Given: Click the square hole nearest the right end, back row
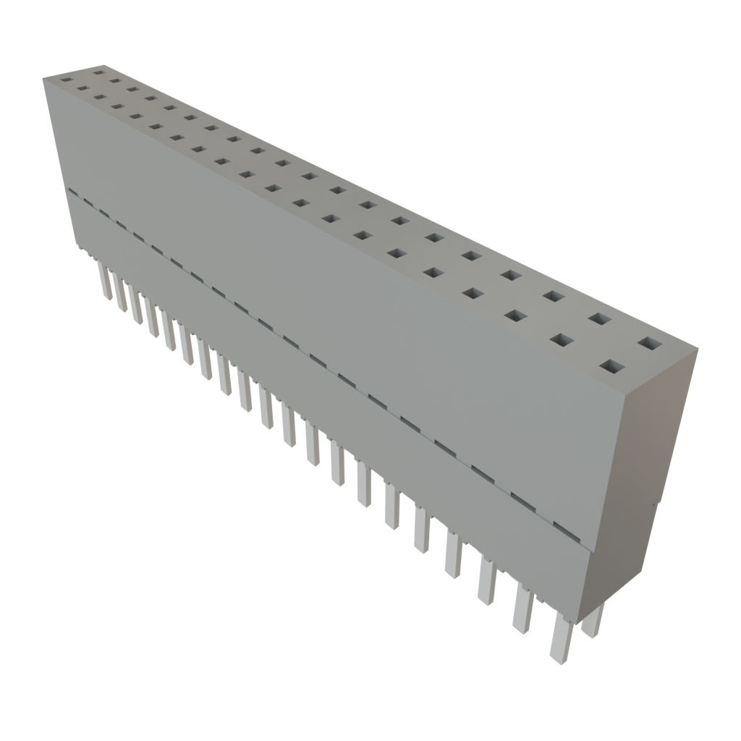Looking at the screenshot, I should tap(649, 343).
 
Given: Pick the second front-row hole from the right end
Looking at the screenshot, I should tap(562, 339).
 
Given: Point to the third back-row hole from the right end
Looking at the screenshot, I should tap(554, 296).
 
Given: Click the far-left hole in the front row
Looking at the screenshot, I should tap(67, 81).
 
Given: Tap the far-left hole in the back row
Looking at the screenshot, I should tap(98, 72).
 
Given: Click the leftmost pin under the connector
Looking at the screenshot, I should tap(104, 282).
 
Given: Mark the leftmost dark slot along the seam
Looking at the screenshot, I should tap(72, 193).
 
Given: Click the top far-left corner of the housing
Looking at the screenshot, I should tap(43, 77).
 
